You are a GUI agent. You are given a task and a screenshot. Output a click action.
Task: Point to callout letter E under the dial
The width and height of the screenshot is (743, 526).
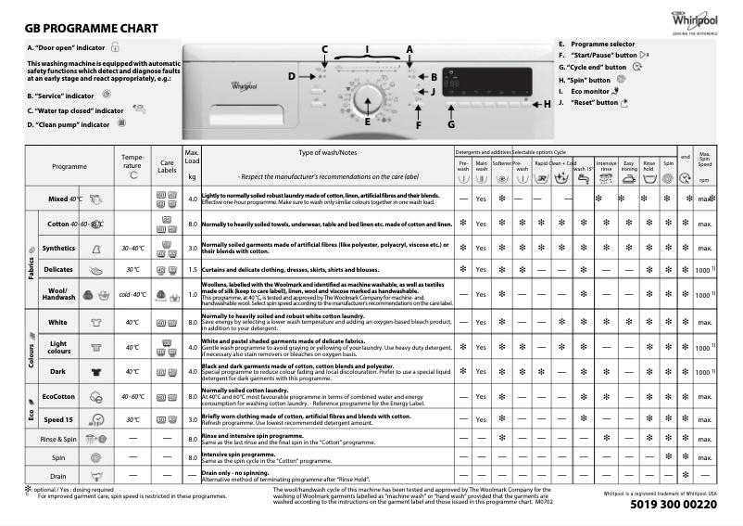[367, 122]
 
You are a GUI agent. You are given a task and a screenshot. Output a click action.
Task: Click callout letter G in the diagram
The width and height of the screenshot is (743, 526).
[451, 123]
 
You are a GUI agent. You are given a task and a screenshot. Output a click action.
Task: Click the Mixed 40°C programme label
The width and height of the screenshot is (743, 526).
[65, 199]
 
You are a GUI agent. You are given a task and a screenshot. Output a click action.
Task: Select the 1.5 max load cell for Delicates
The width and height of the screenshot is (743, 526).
[193, 270]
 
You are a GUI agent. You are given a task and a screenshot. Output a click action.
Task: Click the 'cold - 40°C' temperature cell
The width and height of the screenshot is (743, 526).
[132, 294]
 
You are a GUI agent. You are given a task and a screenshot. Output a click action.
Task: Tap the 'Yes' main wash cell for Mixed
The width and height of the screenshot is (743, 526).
[481, 199]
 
